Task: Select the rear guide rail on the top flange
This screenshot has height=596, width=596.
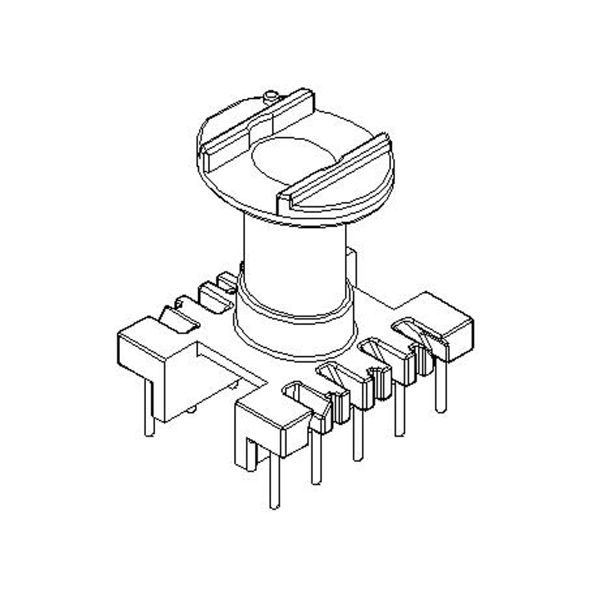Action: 257,123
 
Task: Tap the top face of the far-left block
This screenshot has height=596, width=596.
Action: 153,334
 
